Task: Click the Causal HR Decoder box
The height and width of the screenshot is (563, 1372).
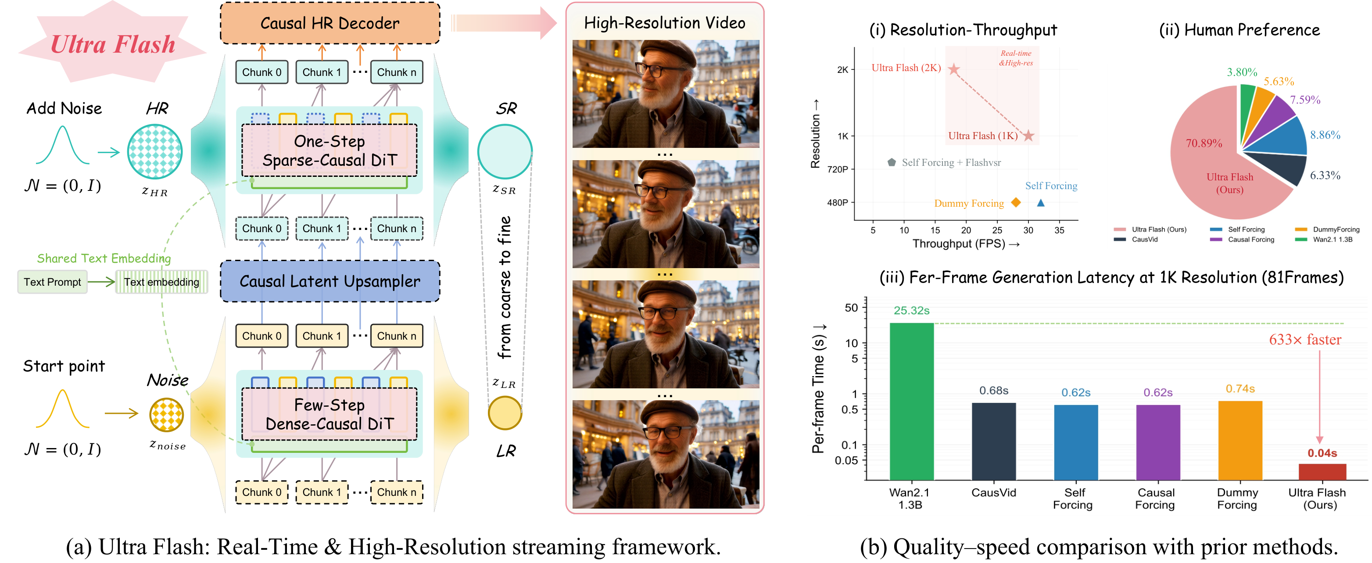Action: point(330,23)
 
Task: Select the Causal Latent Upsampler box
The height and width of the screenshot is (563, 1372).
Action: point(330,281)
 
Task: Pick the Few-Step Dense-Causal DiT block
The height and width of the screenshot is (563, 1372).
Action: point(329,414)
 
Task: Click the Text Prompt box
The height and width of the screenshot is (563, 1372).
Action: point(52,282)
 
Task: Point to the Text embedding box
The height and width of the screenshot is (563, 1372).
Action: point(161,282)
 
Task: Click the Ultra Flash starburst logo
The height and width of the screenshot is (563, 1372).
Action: point(112,43)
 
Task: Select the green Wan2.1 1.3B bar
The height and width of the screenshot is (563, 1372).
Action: point(911,402)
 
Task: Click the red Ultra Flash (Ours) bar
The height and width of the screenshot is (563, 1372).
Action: point(1322,472)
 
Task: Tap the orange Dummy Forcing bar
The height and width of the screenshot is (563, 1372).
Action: point(1240,441)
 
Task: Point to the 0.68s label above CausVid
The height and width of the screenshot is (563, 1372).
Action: point(994,391)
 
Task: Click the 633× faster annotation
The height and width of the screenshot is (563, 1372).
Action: point(1305,339)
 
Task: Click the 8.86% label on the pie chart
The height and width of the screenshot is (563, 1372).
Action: point(1325,135)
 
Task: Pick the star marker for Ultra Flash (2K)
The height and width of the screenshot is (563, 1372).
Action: point(953,69)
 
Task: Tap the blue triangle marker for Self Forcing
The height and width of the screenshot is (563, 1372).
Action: point(1041,203)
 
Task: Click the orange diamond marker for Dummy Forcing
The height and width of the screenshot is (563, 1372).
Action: point(1016,202)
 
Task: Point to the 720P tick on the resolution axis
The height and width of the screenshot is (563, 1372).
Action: point(838,169)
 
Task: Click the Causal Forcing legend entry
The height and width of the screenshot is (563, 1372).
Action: point(1242,240)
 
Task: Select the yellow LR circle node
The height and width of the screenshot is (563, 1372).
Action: point(505,413)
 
